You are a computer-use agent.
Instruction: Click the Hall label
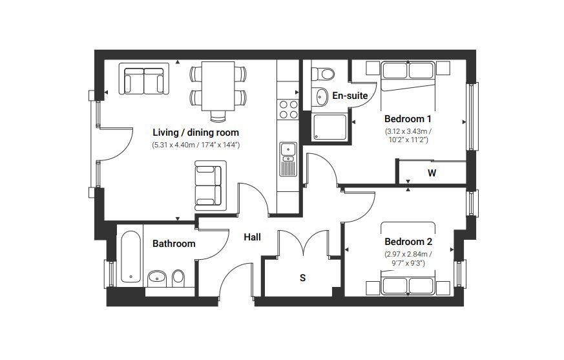(252, 237)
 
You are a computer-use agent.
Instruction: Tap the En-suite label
(350, 96)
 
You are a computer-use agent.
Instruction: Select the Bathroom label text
(174, 244)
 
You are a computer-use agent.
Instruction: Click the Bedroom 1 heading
(408, 119)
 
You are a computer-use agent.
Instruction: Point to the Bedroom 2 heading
(408, 242)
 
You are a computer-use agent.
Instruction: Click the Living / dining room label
(196, 132)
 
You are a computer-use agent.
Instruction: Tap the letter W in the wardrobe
(432, 173)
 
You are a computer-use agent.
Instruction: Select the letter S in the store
(303, 278)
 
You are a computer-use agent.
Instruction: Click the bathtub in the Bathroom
(131, 257)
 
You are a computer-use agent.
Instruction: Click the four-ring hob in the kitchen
(289, 109)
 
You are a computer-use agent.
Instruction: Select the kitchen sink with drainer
(289, 159)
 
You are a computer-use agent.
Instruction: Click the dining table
(218, 86)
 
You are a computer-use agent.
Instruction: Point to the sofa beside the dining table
(144, 79)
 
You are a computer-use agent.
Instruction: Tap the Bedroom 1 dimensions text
(408, 135)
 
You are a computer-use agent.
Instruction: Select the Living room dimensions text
(196, 145)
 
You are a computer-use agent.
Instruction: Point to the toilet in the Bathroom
(178, 278)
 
